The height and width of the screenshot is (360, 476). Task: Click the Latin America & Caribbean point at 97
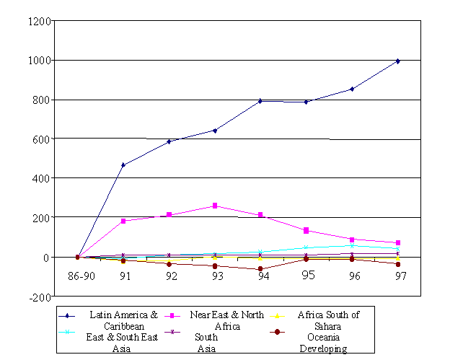pos(397,61)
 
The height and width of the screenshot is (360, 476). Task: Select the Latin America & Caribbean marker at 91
pos(123,165)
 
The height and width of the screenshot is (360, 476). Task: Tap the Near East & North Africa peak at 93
pos(215,206)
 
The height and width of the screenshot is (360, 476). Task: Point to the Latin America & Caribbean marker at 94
pos(260,101)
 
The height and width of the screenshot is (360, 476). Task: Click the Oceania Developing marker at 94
pos(260,269)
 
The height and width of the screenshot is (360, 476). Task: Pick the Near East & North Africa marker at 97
pos(397,243)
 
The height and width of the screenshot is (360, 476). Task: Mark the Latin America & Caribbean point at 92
pos(169,141)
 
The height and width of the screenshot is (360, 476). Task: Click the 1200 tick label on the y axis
pos(39,21)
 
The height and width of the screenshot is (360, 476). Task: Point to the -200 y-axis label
pos(39,297)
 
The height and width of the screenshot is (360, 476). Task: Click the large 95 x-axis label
pos(308,275)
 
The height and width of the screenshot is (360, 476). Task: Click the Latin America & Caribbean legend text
pos(123,320)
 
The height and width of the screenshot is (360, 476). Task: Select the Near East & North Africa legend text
pos(226,320)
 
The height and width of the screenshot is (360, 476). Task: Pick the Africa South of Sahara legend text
pos(328,320)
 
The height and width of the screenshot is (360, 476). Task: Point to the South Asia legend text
pos(207,343)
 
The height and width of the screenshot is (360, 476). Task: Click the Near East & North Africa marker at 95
pos(306,231)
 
